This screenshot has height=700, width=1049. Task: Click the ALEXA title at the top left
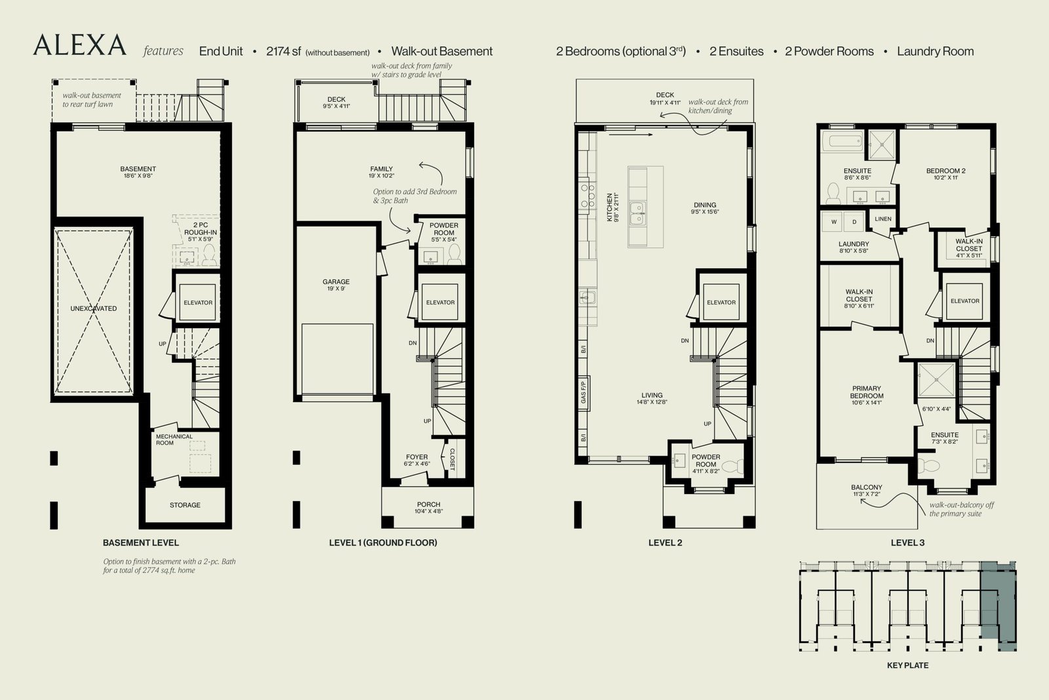click(x=79, y=45)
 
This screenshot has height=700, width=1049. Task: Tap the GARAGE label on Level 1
click(x=336, y=281)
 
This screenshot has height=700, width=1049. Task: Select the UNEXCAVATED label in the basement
click(x=94, y=308)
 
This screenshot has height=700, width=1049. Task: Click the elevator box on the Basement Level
click(x=197, y=302)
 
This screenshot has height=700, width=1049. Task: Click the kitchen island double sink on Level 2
click(x=637, y=214)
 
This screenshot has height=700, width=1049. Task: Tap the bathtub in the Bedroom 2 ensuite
click(x=842, y=142)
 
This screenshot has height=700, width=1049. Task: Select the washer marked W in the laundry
click(x=833, y=222)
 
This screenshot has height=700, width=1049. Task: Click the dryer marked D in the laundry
click(x=854, y=222)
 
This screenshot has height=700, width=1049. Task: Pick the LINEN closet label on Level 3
click(x=882, y=219)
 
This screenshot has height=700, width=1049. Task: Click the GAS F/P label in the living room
click(x=583, y=392)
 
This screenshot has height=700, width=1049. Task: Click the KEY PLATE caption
click(x=907, y=665)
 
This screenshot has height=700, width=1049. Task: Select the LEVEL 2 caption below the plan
click(x=665, y=543)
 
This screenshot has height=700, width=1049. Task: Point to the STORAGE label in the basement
click(x=185, y=505)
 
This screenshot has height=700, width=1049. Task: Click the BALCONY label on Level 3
click(x=866, y=487)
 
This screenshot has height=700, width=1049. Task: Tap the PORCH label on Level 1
click(x=429, y=504)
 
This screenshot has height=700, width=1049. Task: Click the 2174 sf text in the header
click(x=283, y=51)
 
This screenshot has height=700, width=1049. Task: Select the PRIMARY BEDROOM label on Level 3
click(x=866, y=392)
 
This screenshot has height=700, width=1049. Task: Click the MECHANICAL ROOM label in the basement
click(x=174, y=440)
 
